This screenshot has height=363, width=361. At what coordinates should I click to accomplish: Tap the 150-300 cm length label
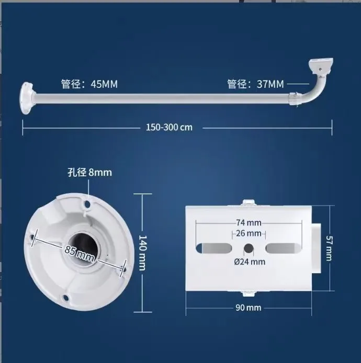(x=169, y=127)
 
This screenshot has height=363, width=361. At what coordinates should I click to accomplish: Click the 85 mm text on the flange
(x=78, y=253)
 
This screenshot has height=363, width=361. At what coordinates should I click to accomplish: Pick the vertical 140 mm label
(x=142, y=252)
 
